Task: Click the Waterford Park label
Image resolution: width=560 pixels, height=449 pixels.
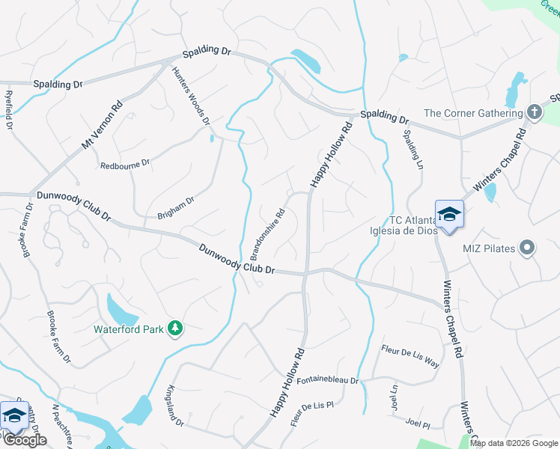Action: (128, 328)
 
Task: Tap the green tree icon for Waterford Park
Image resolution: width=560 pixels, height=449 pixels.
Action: (174, 328)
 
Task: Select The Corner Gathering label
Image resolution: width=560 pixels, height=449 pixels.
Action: (472, 113)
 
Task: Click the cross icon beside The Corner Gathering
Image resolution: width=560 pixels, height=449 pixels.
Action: (534, 112)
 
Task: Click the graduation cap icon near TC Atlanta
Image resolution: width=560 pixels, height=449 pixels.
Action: (449, 215)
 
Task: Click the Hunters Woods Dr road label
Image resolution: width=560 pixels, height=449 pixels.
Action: (190, 95)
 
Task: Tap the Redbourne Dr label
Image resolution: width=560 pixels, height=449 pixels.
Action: (125, 162)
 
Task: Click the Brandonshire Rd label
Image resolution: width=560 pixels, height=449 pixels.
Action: (268, 230)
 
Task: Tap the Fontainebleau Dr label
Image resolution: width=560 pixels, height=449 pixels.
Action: (328, 380)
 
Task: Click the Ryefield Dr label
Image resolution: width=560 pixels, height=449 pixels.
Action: (9, 111)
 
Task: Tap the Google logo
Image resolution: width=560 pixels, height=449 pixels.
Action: (25, 440)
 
